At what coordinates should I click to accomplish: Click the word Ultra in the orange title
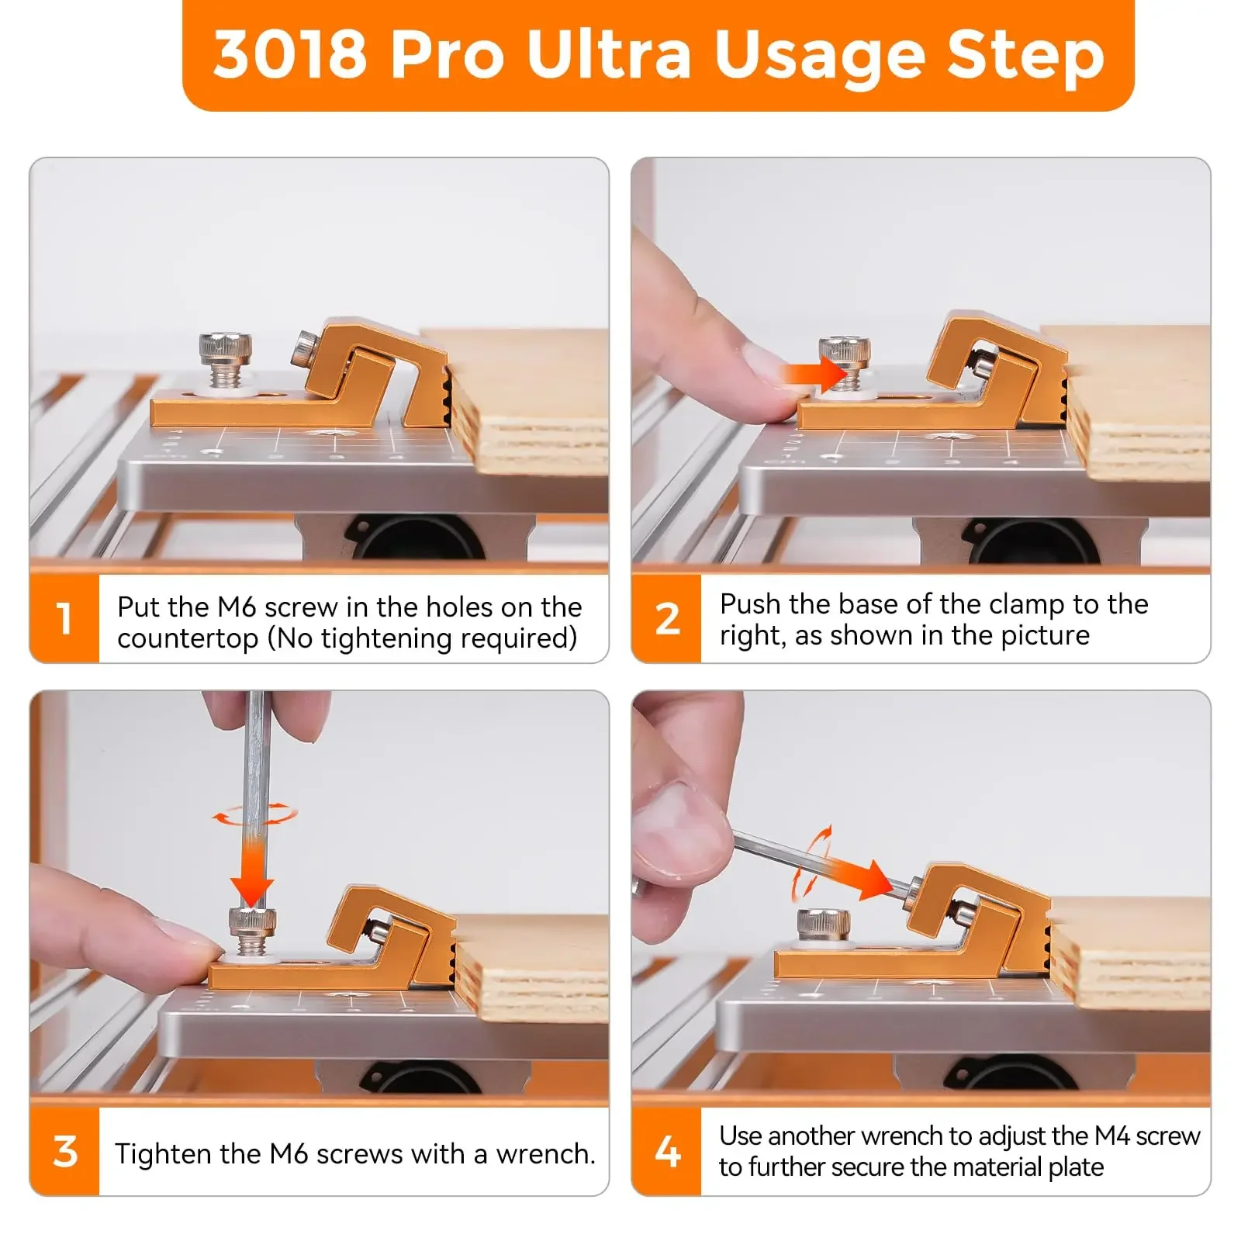pos(609,54)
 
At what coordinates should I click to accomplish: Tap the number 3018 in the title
pos(290,54)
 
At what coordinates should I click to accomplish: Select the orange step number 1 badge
pos(64,618)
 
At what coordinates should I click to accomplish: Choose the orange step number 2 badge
pos(666,618)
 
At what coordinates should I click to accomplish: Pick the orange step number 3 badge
pos(64,1151)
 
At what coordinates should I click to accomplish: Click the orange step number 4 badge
pos(666,1151)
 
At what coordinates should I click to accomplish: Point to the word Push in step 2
pos(750,603)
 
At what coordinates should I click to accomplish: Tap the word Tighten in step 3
pos(163,1154)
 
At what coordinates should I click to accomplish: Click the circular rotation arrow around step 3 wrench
pos(255,814)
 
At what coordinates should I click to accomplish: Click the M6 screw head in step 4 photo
pos(824,923)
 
